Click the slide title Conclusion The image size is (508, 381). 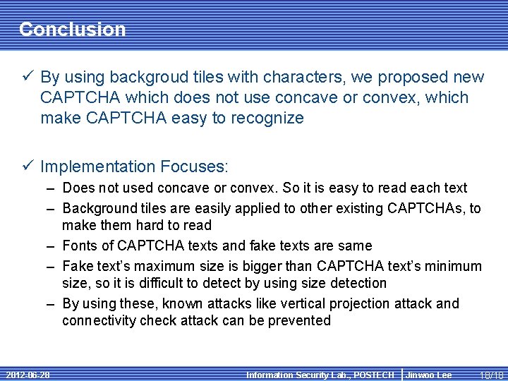point(72,29)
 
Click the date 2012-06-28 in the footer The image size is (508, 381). point(26,375)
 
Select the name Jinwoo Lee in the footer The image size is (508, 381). point(429,375)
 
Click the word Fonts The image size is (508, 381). point(80,246)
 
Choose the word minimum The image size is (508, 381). point(453,266)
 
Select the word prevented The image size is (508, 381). point(300,320)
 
